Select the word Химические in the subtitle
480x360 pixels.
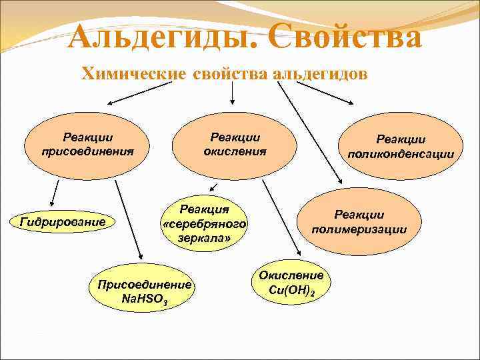pyautogui.click(x=133, y=74)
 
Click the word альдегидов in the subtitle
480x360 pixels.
pyautogui.click(x=320, y=74)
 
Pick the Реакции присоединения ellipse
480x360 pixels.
pyautogui.click(x=87, y=144)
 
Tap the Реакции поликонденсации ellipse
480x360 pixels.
pyautogui.click(x=400, y=146)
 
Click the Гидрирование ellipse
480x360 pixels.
pyautogui.click(x=63, y=221)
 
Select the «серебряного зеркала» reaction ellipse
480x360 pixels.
pyautogui.click(x=205, y=224)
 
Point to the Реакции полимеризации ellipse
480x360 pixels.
pyautogui.click(x=359, y=222)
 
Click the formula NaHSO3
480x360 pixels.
pyautogui.click(x=145, y=300)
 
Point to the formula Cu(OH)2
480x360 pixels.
pyautogui.click(x=291, y=291)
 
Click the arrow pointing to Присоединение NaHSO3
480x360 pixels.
pyautogui.click(x=128, y=219)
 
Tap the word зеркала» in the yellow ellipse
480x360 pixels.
pyautogui.click(x=204, y=238)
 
